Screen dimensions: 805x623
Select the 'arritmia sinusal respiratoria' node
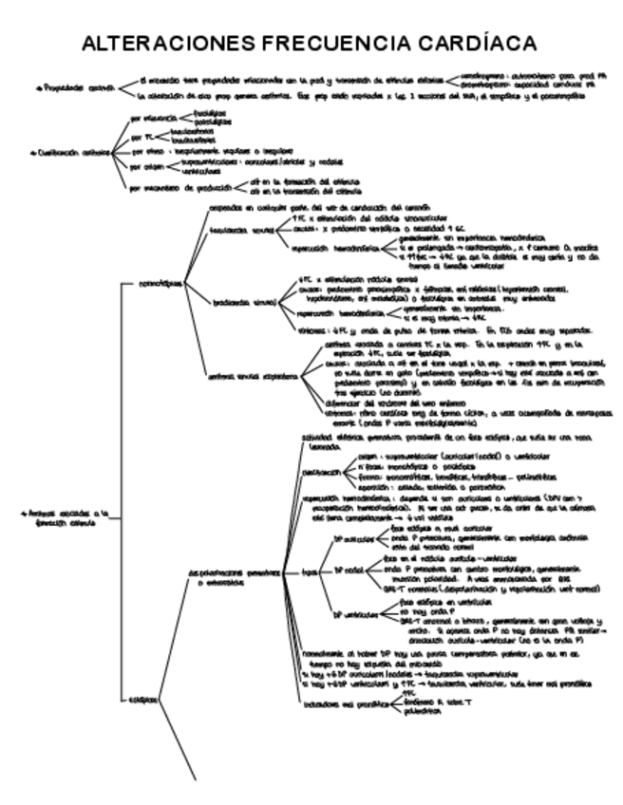click(251, 374)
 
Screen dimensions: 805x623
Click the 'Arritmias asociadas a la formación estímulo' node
click(58, 518)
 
